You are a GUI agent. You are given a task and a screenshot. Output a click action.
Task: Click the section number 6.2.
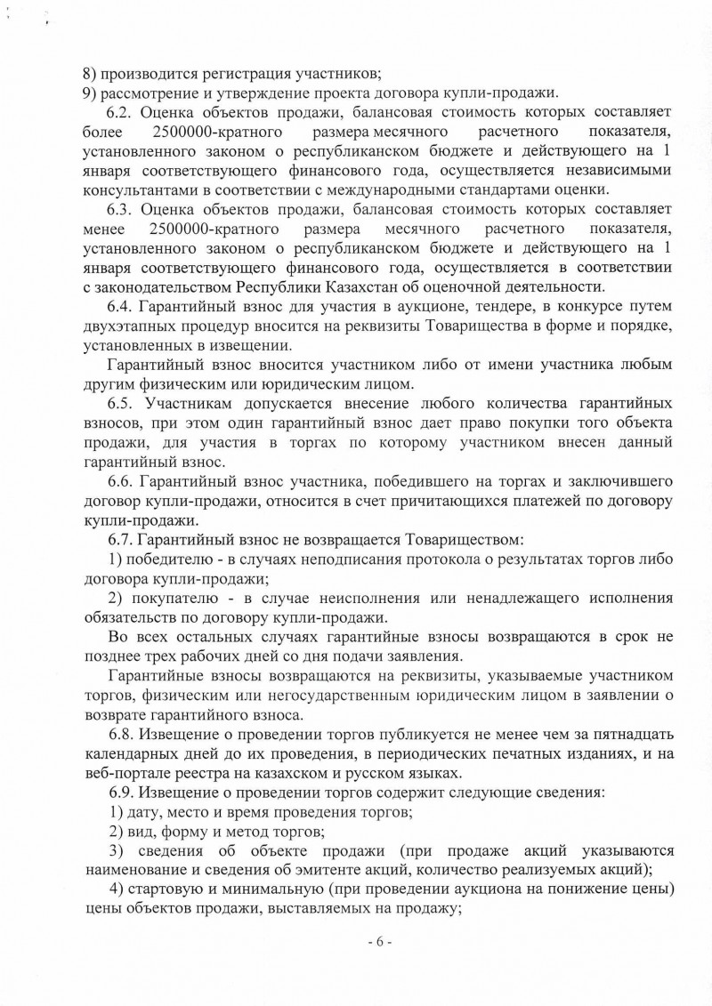point(120,113)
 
